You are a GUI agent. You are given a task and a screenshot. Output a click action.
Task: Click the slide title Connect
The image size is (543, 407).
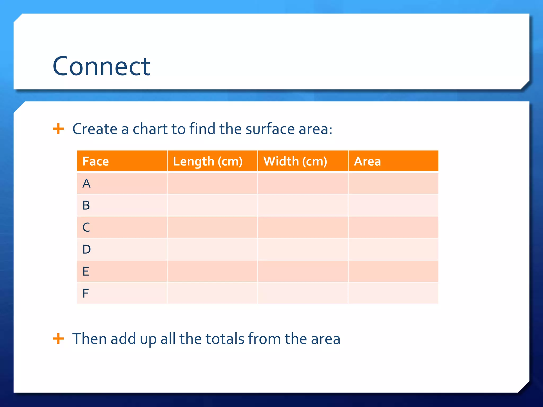(101, 66)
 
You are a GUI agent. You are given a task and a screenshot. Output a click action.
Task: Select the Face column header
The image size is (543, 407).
(95, 161)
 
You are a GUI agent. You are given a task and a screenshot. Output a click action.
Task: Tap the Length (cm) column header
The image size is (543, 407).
(208, 161)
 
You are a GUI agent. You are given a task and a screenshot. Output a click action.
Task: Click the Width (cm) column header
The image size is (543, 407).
(295, 161)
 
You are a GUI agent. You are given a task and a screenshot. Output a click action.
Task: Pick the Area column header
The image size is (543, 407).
(367, 161)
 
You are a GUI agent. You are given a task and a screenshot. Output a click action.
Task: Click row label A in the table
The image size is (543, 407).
(86, 183)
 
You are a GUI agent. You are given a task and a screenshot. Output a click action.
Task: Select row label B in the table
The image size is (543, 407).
(86, 205)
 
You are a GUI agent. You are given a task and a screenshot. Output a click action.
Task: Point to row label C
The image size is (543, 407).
(86, 227)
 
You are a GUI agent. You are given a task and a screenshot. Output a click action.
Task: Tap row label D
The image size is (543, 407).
(86, 249)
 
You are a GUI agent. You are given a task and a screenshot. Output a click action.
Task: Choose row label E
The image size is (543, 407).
(86, 271)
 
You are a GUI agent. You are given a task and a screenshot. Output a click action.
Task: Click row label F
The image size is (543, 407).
(85, 293)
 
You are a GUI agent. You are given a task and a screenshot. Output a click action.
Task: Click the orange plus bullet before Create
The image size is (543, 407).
(58, 129)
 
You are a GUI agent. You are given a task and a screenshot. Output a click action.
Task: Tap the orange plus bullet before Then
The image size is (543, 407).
(58, 338)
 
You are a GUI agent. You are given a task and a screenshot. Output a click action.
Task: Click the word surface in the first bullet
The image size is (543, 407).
(270, 129)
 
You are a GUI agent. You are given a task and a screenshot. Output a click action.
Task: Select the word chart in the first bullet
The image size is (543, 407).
(150, 129)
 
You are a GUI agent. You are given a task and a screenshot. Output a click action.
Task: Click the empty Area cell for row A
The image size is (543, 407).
(393, 183)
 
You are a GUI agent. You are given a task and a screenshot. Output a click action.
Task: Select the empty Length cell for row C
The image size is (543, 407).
(212, 227)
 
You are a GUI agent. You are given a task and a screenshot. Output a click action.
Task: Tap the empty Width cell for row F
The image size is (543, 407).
(303, 293)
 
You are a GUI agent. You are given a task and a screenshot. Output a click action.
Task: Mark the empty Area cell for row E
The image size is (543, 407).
(393, 271)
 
